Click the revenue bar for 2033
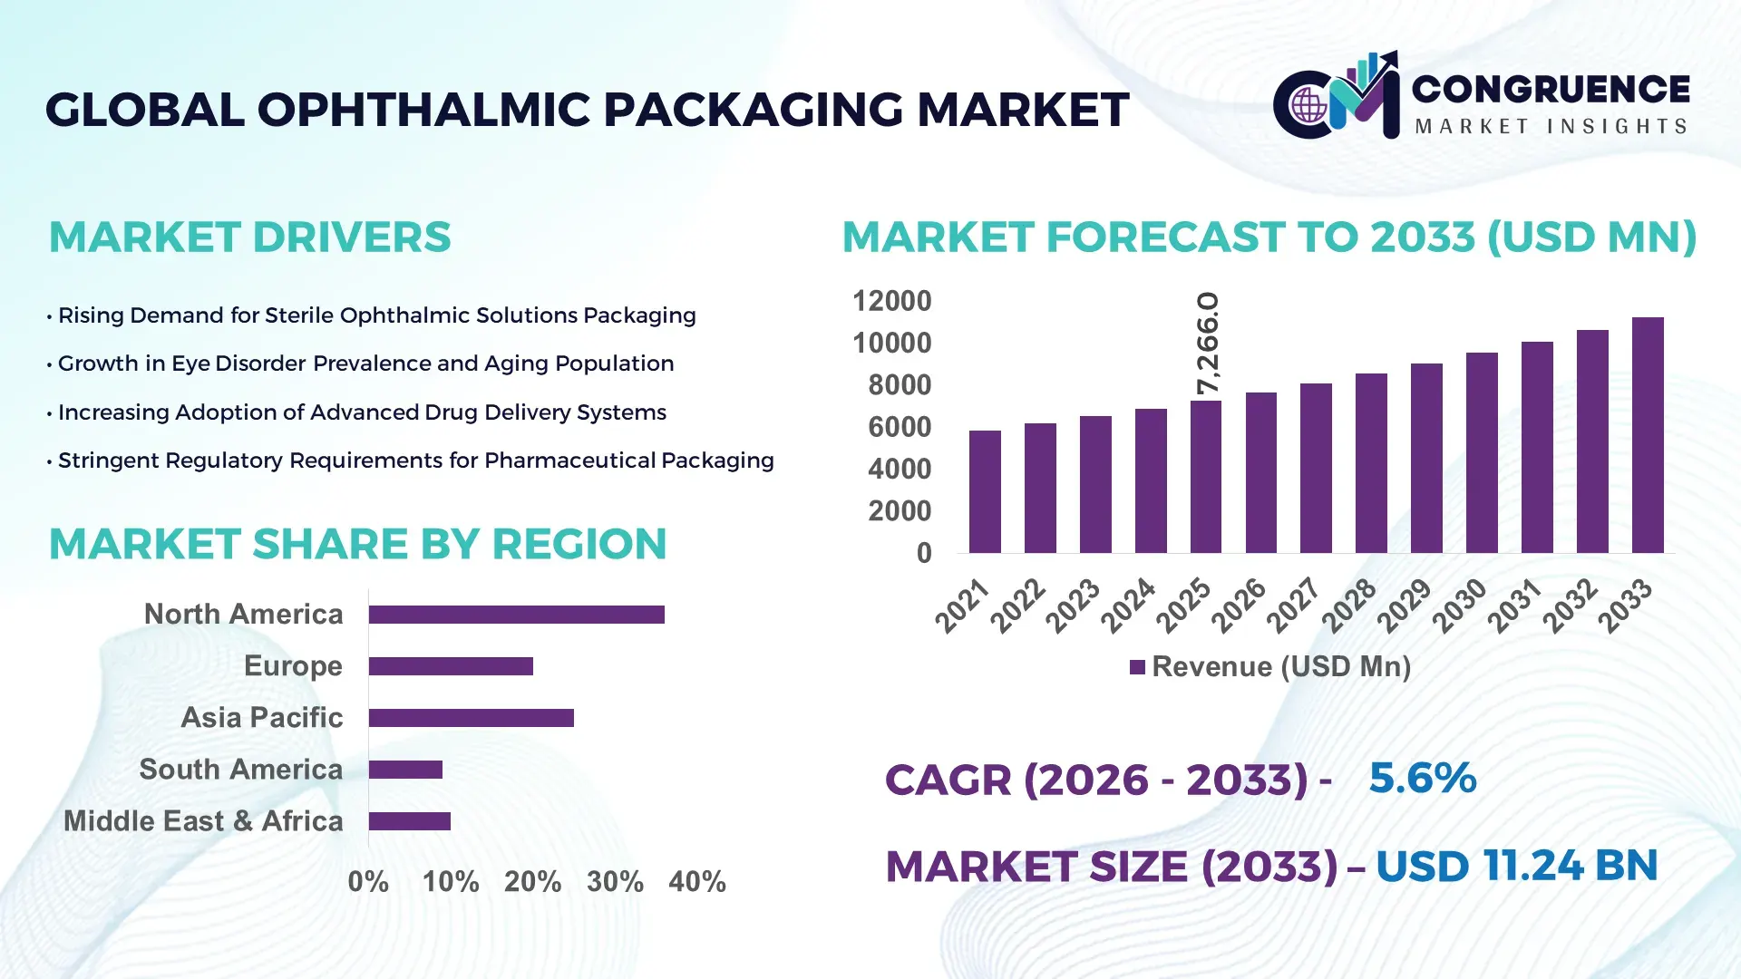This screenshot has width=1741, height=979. [1648, 436]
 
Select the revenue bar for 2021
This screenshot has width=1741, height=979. [985, 492]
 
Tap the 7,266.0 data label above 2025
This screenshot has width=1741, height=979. [1208, 344]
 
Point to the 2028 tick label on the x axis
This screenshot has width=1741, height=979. [1349, 605]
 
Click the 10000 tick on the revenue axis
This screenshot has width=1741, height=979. [891, 344]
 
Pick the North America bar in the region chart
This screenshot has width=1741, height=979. [516, 615]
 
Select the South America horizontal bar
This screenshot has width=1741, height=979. [405, 770]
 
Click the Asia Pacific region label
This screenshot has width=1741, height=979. [262, 717]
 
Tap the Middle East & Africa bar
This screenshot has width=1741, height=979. [409, 821]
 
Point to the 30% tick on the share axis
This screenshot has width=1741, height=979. [615, 881]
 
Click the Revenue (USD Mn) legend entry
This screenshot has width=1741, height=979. [1269, 667]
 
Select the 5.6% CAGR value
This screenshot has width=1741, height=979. [1422, 778]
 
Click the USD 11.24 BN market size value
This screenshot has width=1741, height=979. [1516, 866]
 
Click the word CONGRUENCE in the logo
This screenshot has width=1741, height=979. [1551, 89]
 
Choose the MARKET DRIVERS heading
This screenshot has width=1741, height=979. [249, 237]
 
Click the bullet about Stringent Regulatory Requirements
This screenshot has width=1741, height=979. [415, 460]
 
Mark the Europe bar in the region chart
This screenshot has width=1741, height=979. [451, 666]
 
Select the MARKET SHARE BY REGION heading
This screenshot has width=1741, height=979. [357, 544]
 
